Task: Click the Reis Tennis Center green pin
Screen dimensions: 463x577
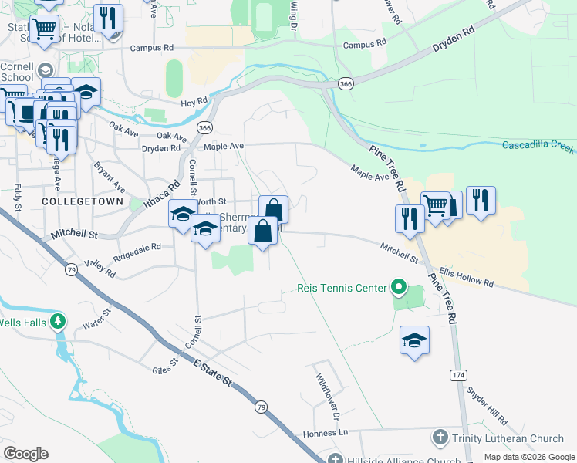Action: [399, 289]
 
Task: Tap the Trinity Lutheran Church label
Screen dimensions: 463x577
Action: [498, 438]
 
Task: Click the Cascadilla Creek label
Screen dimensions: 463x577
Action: [538, 145]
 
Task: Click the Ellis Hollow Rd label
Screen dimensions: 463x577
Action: [466, 278]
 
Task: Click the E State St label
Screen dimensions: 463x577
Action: [212, 372]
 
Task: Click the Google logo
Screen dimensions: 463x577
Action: [25, 454]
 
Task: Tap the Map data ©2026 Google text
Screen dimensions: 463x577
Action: [528, 457]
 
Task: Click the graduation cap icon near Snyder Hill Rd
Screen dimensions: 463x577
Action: [414, 340]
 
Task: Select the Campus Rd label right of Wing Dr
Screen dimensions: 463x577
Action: [366, 44]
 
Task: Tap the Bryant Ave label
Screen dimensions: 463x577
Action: [110, 177]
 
